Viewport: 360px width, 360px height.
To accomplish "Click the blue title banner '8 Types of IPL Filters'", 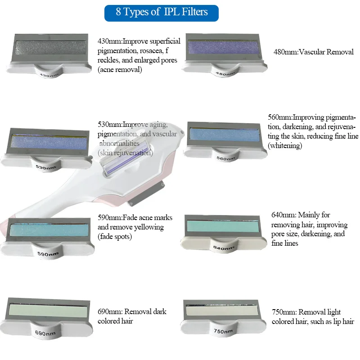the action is (162, 12).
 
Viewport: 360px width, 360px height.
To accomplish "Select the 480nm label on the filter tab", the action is (224, 73).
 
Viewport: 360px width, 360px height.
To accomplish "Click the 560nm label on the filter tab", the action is (225, 158).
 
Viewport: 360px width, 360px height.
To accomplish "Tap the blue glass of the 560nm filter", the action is (225, 134).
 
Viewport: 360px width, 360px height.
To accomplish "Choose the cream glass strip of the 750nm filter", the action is (222, 310).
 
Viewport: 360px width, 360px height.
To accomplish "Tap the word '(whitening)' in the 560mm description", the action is (285, 146).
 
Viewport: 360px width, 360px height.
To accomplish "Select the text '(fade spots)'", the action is (115, 236).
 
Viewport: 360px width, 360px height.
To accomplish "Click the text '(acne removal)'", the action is (120, 69).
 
